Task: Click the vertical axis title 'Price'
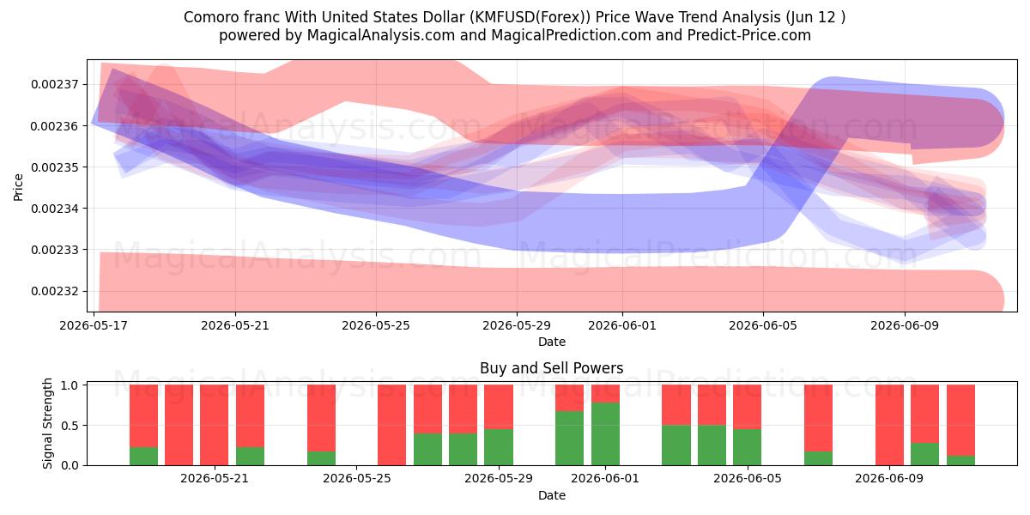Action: tap(18, 187)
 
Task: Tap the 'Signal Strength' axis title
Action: tap(47, 423)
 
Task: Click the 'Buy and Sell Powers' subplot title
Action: tap(551, 368)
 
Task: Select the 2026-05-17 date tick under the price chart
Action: tap(94, 325)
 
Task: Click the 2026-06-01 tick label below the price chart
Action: tap(622, 325)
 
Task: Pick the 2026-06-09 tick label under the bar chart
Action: tap(889, 479)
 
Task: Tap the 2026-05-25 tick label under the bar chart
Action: tap(357, 479)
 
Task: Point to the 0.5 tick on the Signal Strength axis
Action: tap(70, 426)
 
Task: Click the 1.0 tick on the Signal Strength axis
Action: tap(70, 385)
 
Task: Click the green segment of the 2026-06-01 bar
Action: tap(605, 434)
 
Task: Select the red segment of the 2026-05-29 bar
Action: tap(499, 407)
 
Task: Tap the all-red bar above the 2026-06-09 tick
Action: tap(889, 425)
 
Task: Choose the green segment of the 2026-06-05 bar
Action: tap(748, 447)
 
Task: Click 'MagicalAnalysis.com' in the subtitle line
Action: tap(381, 35)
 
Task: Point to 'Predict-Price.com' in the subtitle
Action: tap(749, 35)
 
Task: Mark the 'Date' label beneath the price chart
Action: tap(552, 342)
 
